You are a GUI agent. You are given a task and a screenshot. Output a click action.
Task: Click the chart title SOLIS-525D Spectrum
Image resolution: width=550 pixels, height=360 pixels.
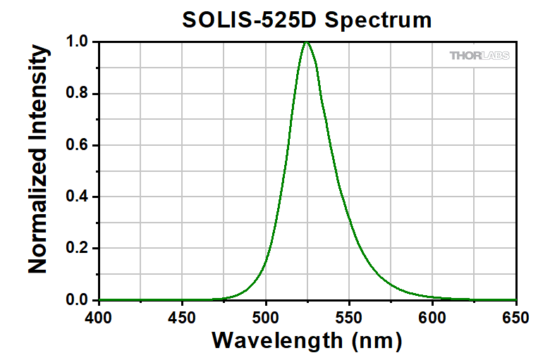307,20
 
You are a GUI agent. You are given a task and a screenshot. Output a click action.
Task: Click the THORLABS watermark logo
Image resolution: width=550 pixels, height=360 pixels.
479,56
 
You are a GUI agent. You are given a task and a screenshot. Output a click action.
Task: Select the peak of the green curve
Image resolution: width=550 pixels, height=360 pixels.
306,42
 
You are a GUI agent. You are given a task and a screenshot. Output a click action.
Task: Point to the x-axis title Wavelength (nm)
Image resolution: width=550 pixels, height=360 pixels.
307,341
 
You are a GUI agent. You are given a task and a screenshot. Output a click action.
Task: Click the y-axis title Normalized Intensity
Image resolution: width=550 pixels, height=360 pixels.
38,160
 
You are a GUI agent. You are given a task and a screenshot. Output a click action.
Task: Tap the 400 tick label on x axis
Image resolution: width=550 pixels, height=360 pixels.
99,318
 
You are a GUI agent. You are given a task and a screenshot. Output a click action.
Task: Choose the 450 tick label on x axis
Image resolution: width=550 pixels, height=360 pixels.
183,318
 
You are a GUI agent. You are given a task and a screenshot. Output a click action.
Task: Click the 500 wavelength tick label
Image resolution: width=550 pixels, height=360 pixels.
266,318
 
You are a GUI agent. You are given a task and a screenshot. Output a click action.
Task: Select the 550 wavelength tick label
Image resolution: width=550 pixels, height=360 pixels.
349,318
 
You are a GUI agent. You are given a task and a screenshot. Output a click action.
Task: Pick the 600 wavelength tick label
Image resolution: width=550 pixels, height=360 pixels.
432,318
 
